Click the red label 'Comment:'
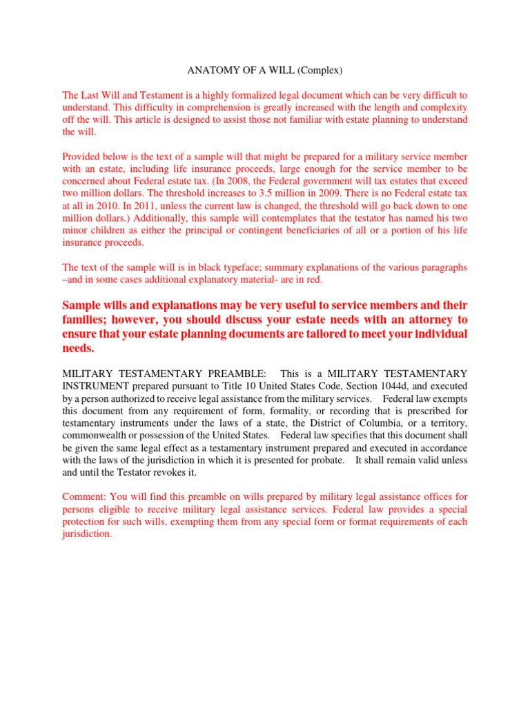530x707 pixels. [x=82, y=497]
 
